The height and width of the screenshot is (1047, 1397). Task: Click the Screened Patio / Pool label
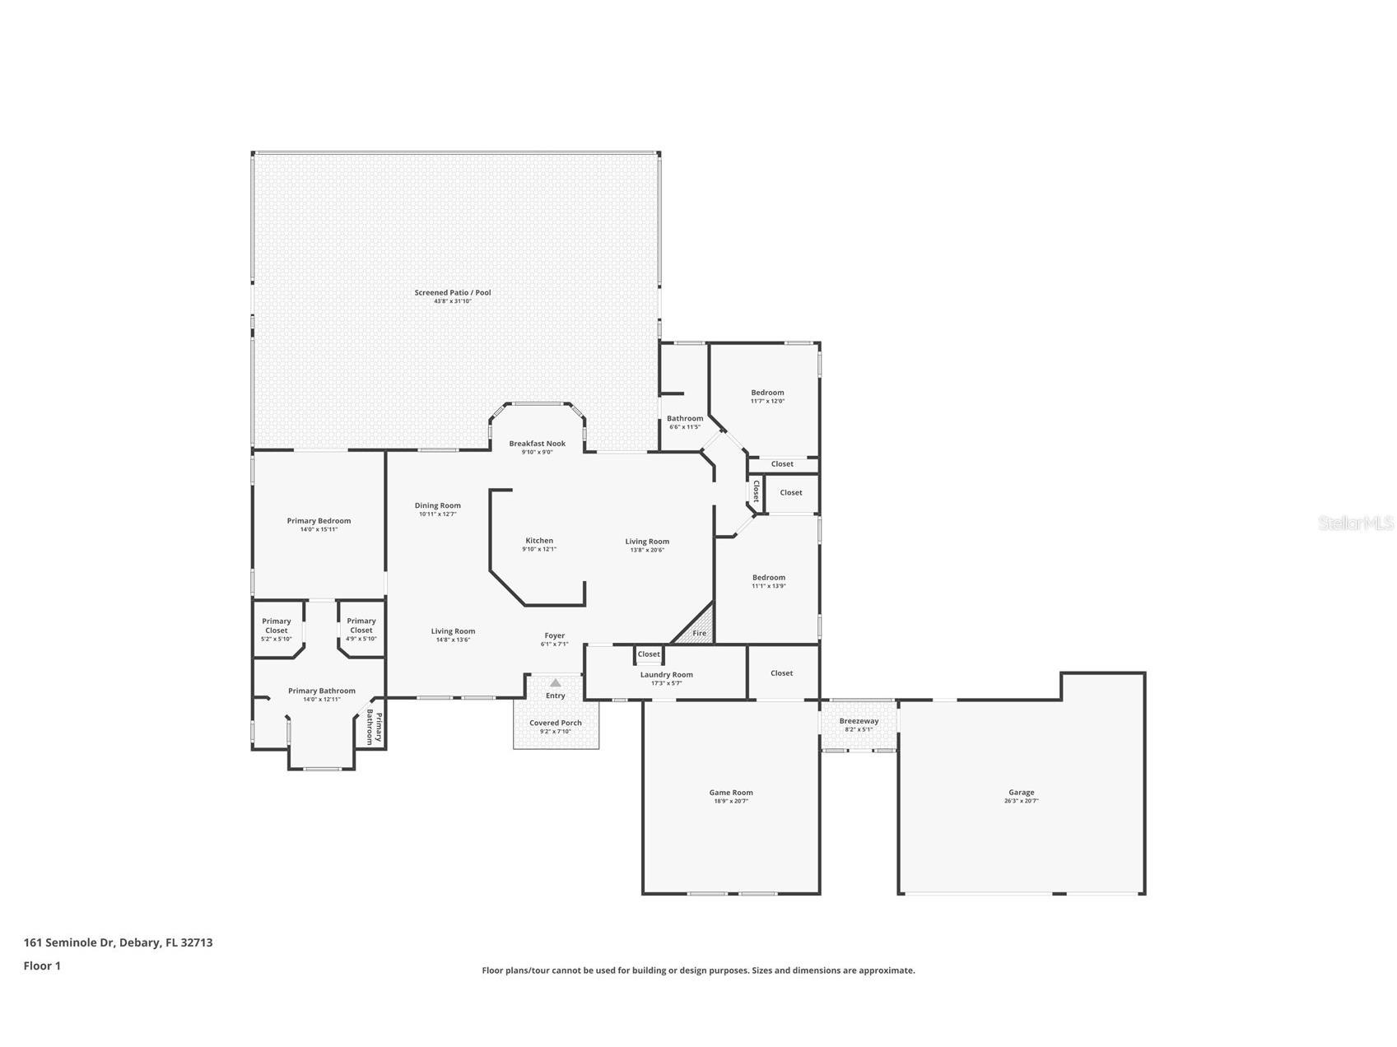[453, 293]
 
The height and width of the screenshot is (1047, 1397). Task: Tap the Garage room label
[1021, 793]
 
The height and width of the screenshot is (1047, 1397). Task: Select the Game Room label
[731, 793]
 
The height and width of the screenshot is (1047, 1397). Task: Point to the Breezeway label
[859, 721]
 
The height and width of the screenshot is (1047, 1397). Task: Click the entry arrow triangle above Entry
[556, 682]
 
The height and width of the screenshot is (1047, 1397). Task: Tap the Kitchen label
[539, 541]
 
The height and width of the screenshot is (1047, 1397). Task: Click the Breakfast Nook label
[537, 444]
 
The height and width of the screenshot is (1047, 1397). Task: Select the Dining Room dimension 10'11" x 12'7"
[437, 514]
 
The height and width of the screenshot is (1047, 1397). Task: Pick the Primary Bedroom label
[319, 521]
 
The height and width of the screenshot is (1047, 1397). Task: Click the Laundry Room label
[666, 675]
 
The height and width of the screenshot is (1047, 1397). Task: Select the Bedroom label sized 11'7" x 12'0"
[767, 393]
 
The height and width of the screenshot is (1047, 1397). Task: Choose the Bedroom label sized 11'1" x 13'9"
[768, 578]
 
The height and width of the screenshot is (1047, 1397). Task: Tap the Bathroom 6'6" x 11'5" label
[685, 419]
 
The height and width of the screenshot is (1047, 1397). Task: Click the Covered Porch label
[556, 723]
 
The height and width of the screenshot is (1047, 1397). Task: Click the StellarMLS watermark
[1355, 523]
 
